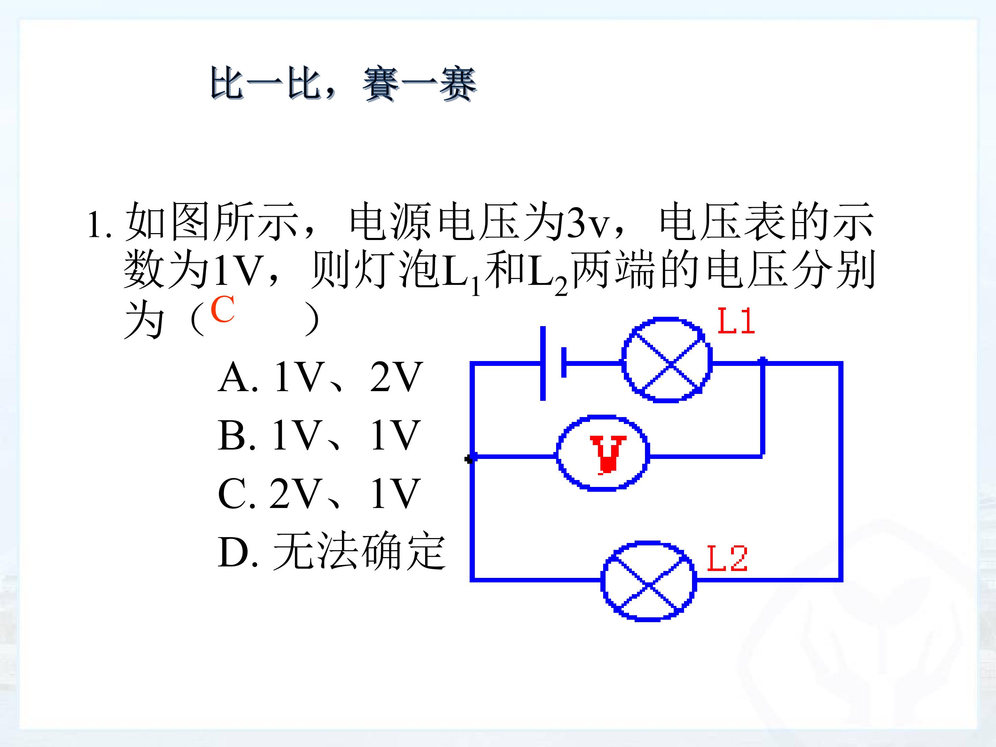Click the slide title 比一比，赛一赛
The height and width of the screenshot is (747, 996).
(x=343, y=84)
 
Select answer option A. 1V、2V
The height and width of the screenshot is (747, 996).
(x=320, y=377)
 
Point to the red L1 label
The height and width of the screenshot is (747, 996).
(x=735, y=321)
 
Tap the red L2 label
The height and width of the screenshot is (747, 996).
(x=727, y=558)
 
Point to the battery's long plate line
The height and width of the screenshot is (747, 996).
(x=543, y=363)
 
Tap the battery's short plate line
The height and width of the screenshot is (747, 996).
(x=564, y=362)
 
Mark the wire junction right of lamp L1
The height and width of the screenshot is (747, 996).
(x=762, y=361)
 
